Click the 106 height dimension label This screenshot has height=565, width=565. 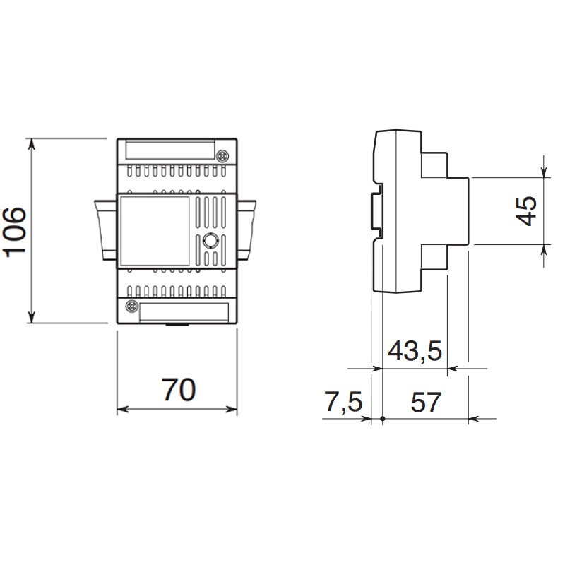point(15,232)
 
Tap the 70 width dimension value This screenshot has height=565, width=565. point(179,390)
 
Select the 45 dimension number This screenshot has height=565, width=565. point(525,211)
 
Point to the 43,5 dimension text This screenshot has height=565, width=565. point(415,350)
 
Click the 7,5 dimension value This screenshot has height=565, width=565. point(343,401)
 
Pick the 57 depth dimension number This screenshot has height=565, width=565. point(426,402)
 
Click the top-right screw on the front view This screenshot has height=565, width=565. point(222,155)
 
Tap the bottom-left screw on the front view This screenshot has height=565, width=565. point(131,307)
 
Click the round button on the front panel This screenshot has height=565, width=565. point(209,240)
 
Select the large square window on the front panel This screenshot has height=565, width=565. point(155,231)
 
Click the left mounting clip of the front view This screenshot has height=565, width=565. point(105,230)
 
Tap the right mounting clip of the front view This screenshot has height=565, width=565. point(246,230)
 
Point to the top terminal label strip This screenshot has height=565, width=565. point(170,150)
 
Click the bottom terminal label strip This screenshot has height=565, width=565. point(184,312)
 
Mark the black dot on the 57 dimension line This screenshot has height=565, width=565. point(383,419)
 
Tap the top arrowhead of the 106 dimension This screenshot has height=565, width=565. point(32,144)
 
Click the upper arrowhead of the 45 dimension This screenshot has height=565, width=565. point(543,172)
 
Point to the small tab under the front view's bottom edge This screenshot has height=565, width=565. point(177,325)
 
